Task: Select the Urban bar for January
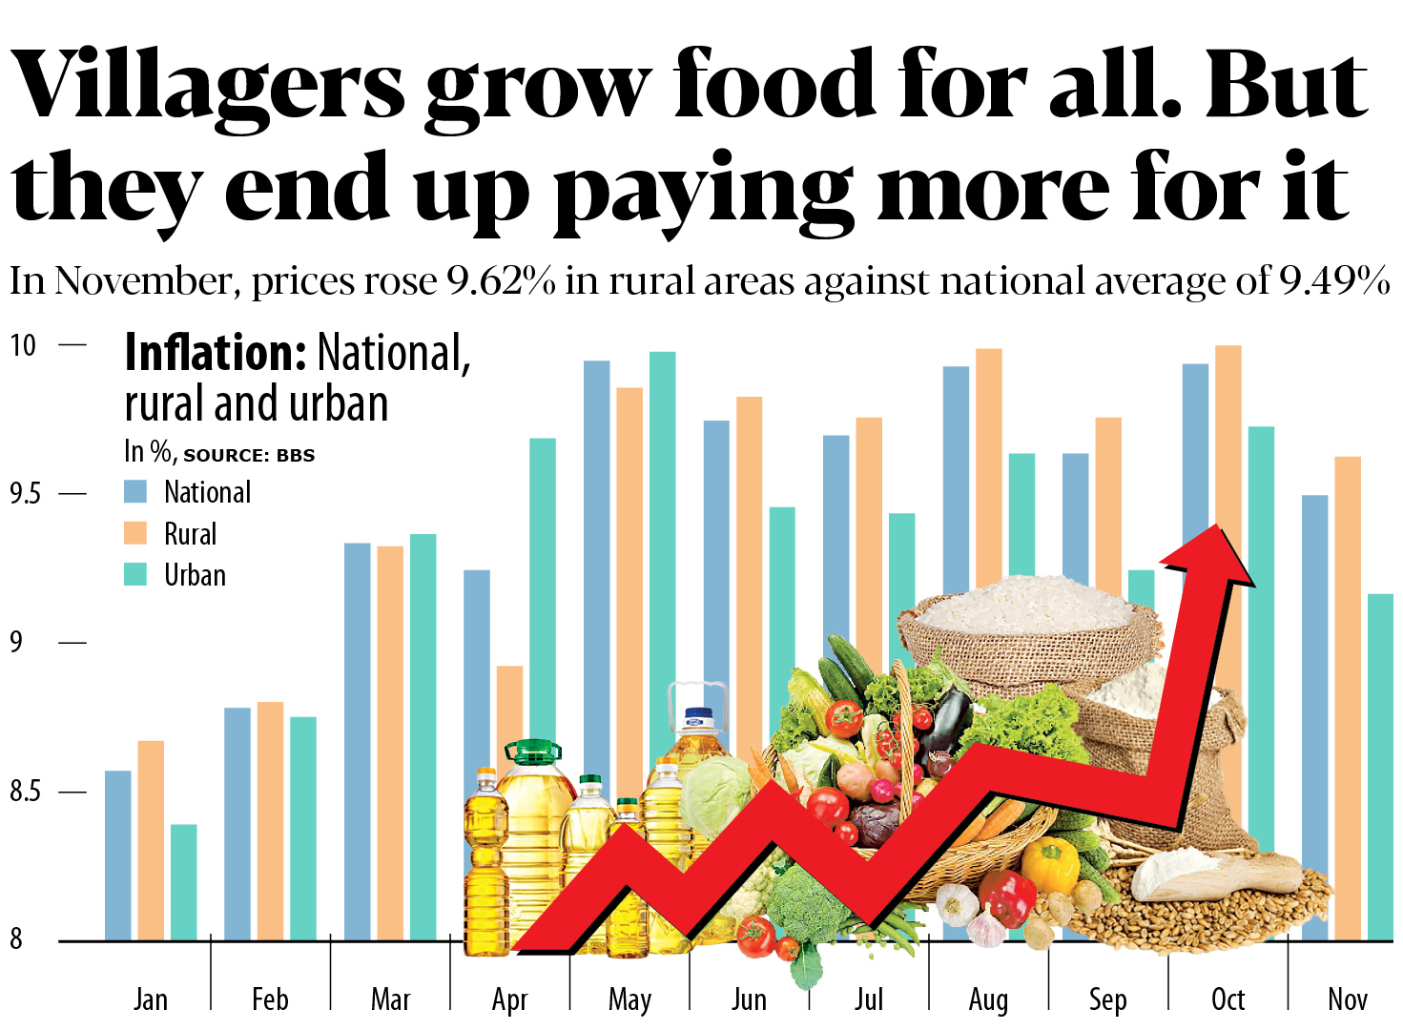click(184, 882)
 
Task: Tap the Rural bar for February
click(270, 821)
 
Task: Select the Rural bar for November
click(1347, 696)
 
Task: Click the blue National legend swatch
click(135, 492)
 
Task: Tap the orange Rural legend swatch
click(135, 533)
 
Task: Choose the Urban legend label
click(195, 575)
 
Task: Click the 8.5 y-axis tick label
click(25, 792)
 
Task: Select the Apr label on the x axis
click(509, 999)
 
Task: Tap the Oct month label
click(1228, 999)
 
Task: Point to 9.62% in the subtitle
click(501, 281)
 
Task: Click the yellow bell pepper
click(1049, 864)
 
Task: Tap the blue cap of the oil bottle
click(700, 714)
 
